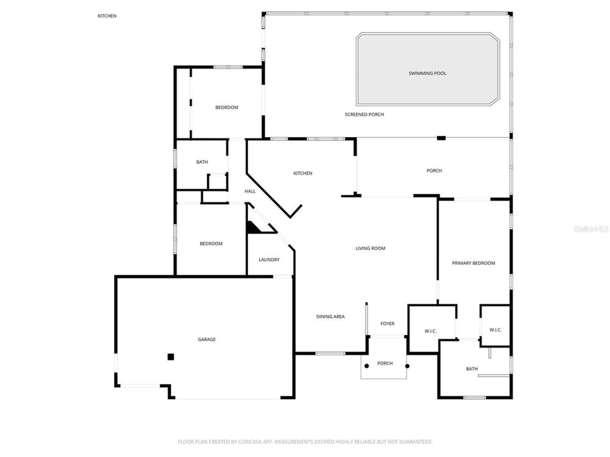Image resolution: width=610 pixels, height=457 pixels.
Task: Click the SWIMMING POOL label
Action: [x=427, y=73]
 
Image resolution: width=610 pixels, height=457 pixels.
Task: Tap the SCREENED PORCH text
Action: [x=364, y=115]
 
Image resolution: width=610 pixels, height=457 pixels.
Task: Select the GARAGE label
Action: [x=206, y=339]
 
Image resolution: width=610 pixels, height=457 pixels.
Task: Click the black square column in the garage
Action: [x=171, y=357]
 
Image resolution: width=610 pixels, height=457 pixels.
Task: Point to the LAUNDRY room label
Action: [x=269, y=260]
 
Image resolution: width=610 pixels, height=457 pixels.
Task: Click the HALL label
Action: [x=250, y=191]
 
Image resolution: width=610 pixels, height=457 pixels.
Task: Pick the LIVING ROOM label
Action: [x=370, y=248]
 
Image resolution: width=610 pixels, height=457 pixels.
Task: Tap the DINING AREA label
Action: [x=330, y=317]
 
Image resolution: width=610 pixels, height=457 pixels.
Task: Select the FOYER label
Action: [x=387, y=324]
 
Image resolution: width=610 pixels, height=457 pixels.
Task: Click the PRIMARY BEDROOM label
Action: [x=473, y=263]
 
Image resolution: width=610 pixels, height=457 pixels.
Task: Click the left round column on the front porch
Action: [x=367, y=366]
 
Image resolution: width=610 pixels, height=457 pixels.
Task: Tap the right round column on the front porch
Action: [x=407, y=366]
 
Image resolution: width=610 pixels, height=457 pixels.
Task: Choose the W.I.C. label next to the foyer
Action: [x=430, y=331]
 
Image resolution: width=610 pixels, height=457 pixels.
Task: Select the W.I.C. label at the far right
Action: [x=495, y=330]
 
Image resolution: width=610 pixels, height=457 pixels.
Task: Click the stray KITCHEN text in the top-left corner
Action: [x=107, y=16]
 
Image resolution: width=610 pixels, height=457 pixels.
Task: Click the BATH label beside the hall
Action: [x=202, y=162]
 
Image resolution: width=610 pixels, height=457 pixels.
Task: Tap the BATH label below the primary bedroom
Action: [x=472, y=369]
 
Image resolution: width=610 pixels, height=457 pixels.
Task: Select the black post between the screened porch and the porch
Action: [x=441, y=138]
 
